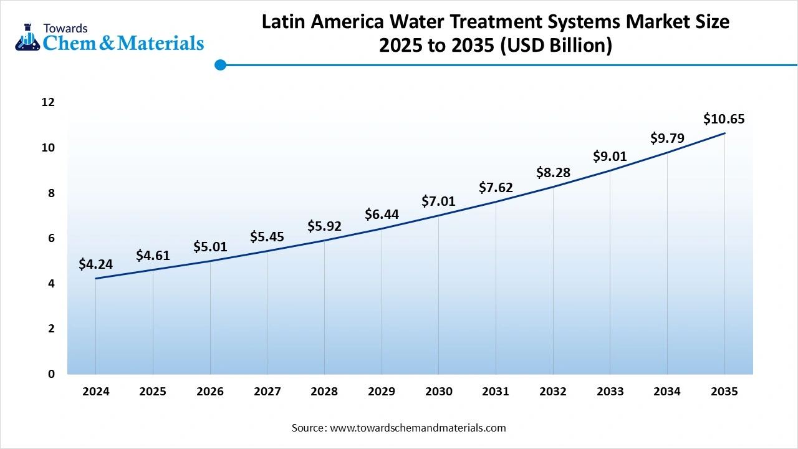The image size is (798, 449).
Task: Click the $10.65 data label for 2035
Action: pyautogui.click(x=724, y=119)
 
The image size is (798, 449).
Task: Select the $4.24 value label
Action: pyautogui.click(x=95, y=264)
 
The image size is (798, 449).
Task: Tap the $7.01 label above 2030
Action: pyautogui.click(x=438, y=201)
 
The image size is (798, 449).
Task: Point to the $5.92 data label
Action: pyautogui.click(x=324, y=226)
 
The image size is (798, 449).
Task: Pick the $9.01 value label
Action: pyautogui.click(x=610, y=156)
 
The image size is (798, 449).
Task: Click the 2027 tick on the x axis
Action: pyautogui.click(x=267, y=392)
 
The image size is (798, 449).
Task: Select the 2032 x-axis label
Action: pyautogui.click(x=552, y=392)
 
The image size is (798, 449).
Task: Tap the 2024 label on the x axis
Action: pyautogui.click(x=95, y=392)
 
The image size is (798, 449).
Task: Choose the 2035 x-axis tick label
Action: pyautogui.click(x=724, y=392)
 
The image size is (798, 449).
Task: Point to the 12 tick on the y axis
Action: pyautogui.click(x=48, y=102)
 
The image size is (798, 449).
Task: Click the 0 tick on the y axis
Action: pyautogui.click(x=51, y=374)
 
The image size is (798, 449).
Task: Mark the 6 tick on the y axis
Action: pyautogui.click(x=51, y=238)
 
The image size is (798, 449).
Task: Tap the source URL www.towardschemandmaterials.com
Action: pyautogui.click(x=417, y=428)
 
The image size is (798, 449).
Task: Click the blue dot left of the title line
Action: pyautogui.click(x=220, y=65)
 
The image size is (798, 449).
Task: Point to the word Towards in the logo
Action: pyautogui.click(x=65, y=28)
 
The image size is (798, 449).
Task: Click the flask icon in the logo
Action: pyautogui.click(x=27, y=37)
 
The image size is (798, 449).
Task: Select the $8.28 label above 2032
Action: pyautogui.click(x=553, y=173)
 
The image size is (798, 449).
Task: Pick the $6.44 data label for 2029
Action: pyautogui.click(x=382, y=215)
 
